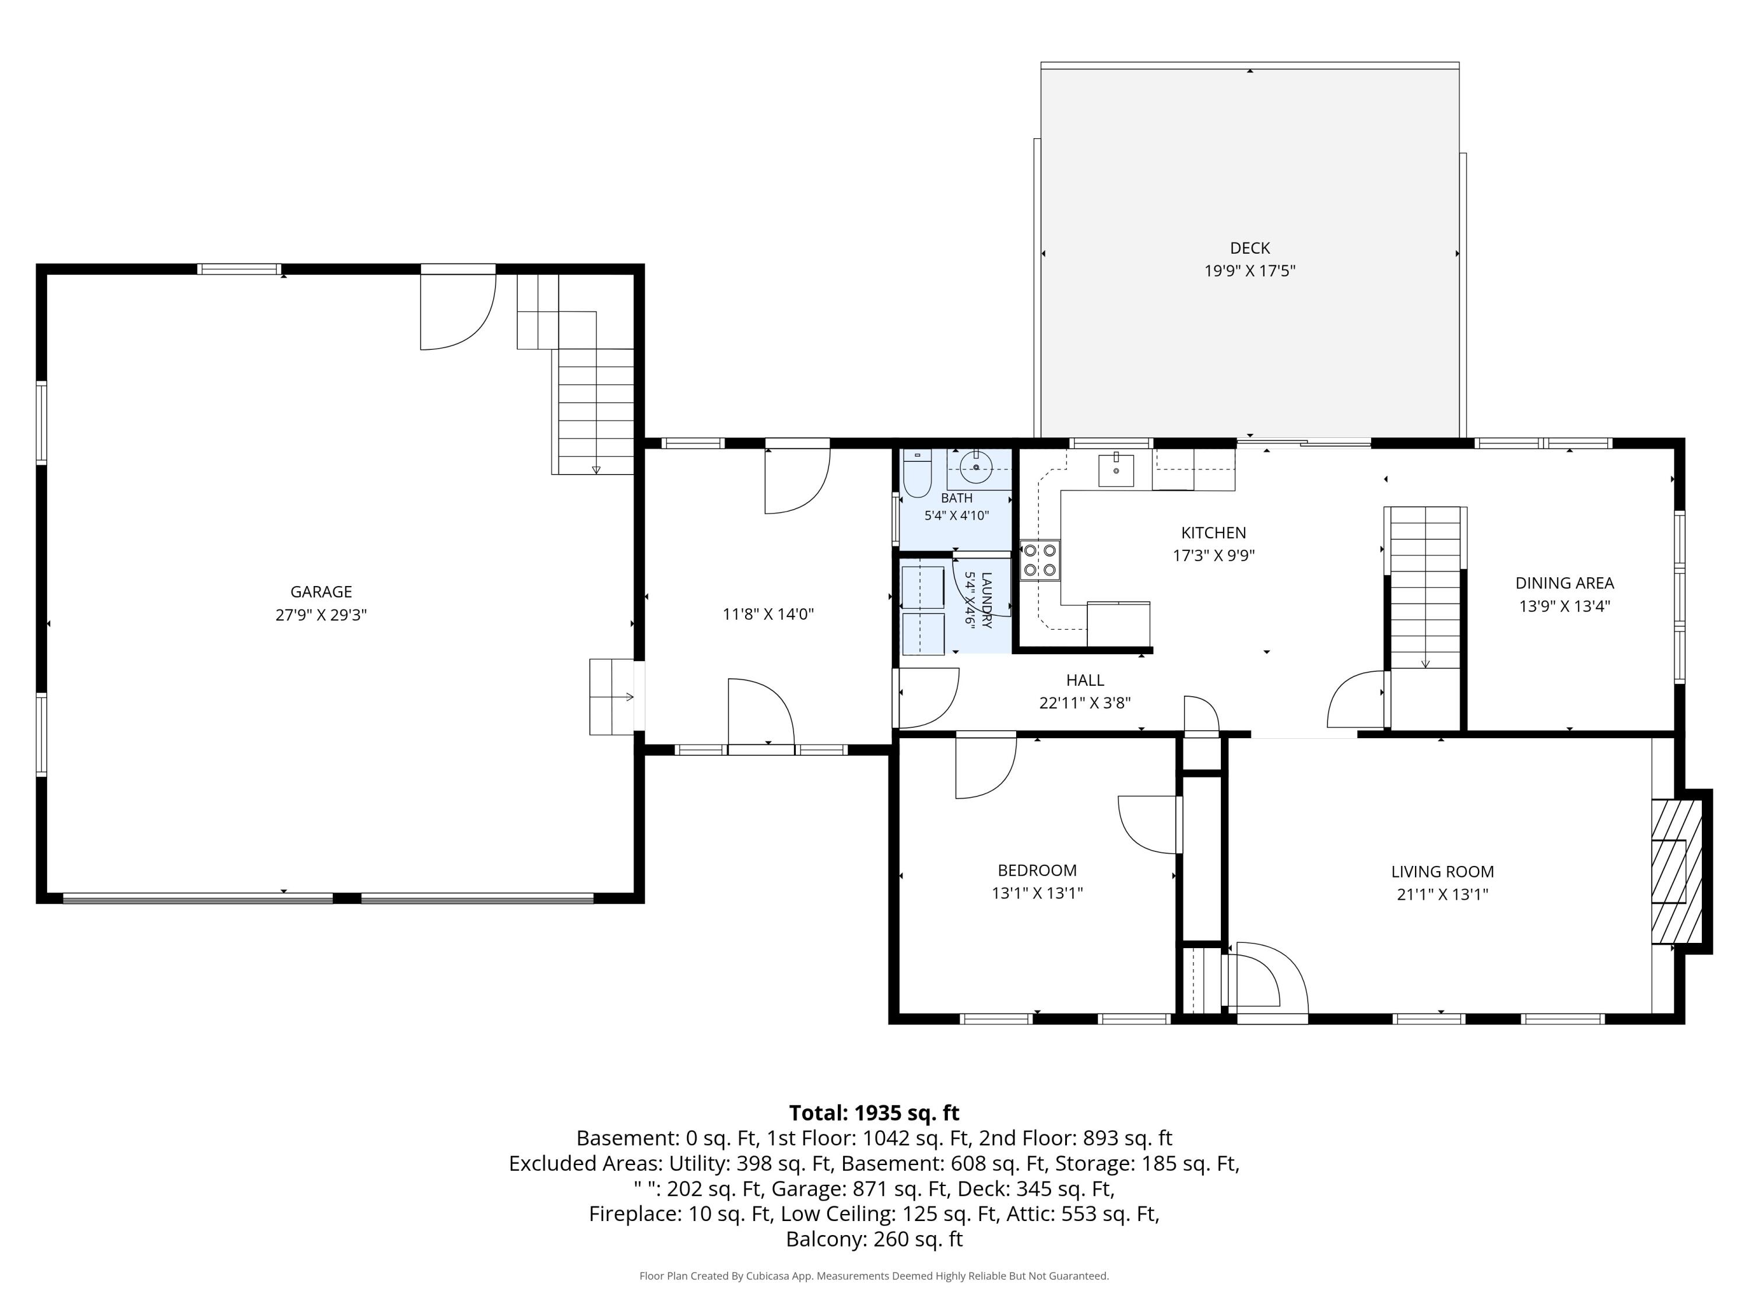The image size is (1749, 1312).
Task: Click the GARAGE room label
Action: click(321, 591)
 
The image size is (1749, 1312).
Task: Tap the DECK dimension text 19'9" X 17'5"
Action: click(1249, 271)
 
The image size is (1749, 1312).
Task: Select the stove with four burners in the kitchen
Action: click(1039, 560)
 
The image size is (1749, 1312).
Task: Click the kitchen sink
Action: click(1116, 470)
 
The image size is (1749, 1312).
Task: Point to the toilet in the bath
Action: click(917, 473)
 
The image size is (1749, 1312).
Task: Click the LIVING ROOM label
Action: click(1442, 872)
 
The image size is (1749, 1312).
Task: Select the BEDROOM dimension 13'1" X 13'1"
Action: click(1037, 893)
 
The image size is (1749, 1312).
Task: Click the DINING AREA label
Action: click(1565, 583)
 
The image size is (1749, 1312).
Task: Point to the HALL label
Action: click(1085, 680)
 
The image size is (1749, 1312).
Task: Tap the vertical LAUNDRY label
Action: click(986, 600)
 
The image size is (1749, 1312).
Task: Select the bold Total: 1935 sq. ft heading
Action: click(874, 1113)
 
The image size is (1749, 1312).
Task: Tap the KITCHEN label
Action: click(1214, 533)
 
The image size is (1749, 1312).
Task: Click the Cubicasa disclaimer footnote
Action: click(874, 1276)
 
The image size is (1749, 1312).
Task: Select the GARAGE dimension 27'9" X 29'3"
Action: click(321, 615)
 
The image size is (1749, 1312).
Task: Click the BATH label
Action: click(957, 498)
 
